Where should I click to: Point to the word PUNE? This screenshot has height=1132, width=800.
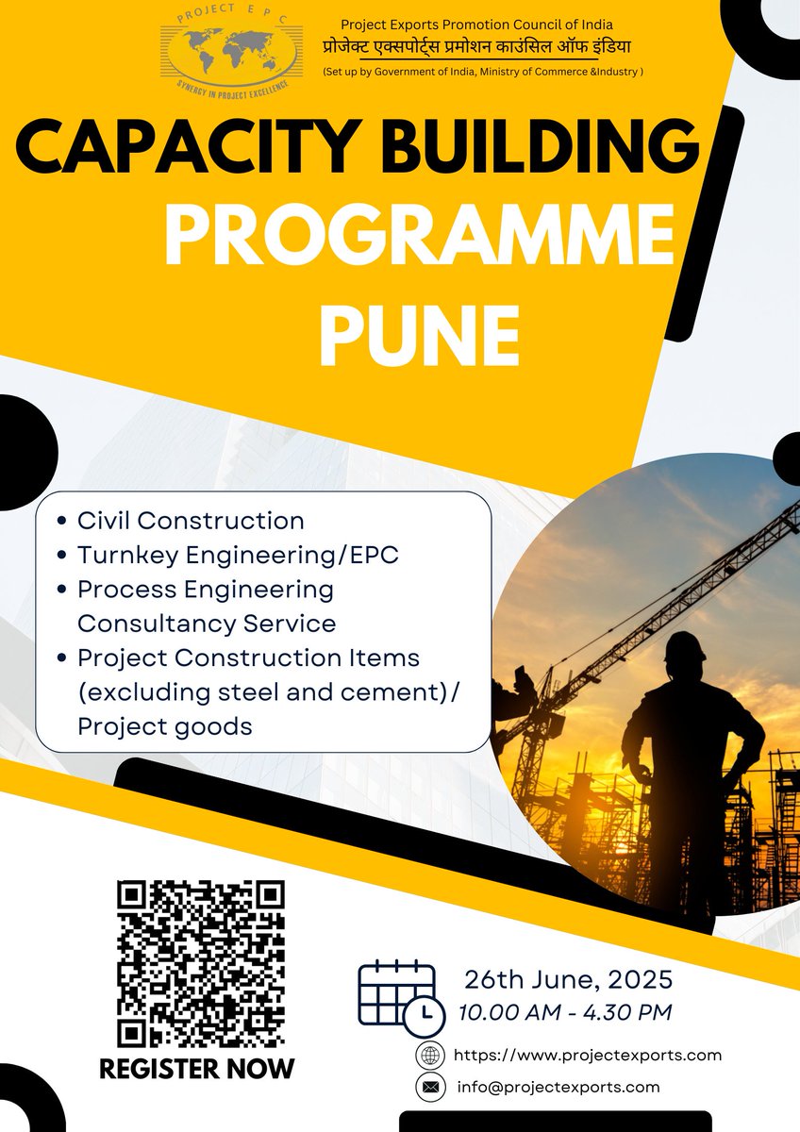[x=419, y=335]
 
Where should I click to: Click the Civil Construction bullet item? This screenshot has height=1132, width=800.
[x=191, y=521]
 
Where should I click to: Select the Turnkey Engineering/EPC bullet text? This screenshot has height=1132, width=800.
[x=238, y=556]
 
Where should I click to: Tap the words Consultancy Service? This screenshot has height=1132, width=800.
[x=207, y=624]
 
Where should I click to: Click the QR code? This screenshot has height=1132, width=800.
[x=200, y=964]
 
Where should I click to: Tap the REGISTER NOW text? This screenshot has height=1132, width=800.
[x=197, y=1069]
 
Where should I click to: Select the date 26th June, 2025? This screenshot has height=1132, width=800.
[x=568, y=978]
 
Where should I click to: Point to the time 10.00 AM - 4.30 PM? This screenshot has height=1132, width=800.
[x=565, y=1013]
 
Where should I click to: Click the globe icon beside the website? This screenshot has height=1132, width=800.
[x=430, y=1056]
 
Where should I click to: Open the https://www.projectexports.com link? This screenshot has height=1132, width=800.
[x=588, y=1056]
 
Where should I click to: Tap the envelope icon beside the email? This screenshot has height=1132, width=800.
[x=430, y=1088]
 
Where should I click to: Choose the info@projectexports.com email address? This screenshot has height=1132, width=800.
[x=558, y=1087]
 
